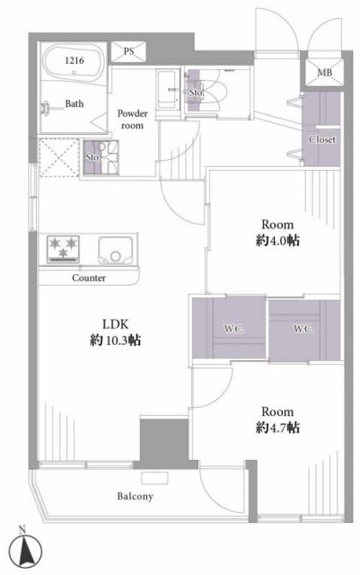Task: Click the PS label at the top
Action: coord(128,51)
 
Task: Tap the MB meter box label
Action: coord(325,73)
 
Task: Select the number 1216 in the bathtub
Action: coord(75,60)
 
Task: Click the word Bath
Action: coord(74,104)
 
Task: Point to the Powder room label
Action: coord(132,119)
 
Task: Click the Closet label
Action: coord(322,140)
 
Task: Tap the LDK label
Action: coord(116,324)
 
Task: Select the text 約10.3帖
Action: coord(115,341)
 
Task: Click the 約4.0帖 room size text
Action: coord(277,241)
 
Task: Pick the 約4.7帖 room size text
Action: coord(277,428)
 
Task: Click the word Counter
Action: coord(89,278)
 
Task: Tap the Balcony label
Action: coord(136,497)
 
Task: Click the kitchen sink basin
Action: coord(116,250)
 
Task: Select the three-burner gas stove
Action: coord(63,250)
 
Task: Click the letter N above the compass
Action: coord(22,529)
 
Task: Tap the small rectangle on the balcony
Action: coord(154,478)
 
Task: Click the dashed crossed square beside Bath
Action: coord(59,158)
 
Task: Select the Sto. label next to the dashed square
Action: coord(92,158)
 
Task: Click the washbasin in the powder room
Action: coord(166,90)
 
